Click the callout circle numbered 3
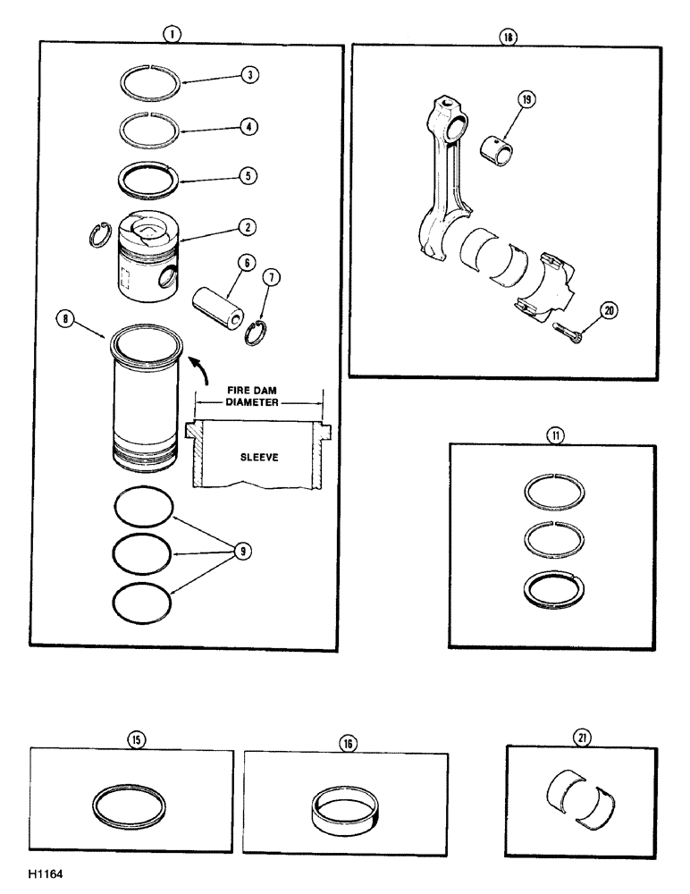[x=252, y=75]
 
